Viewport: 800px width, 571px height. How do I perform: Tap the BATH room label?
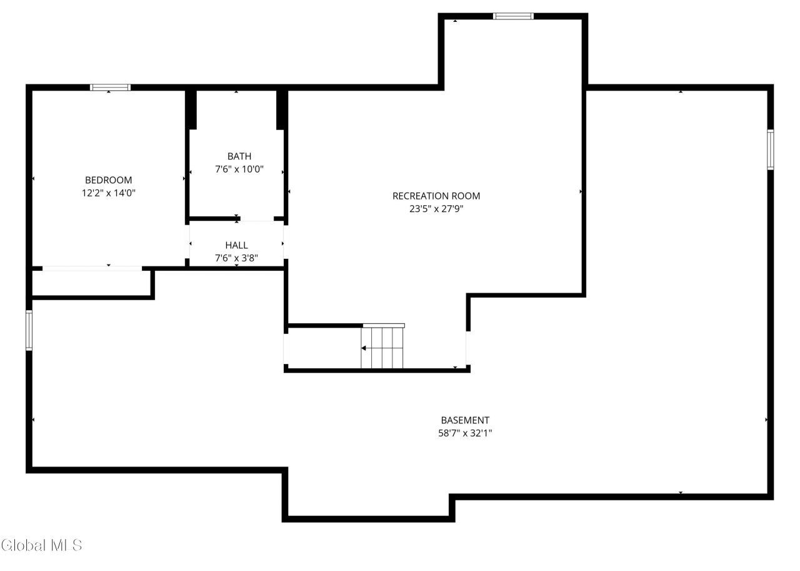239,156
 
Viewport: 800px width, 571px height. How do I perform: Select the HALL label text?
237,245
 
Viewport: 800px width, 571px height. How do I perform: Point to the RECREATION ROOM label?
436,196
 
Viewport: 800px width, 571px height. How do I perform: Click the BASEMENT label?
465,420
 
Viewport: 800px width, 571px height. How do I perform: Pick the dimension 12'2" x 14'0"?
109,193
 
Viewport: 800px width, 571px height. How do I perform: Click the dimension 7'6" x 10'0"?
239,169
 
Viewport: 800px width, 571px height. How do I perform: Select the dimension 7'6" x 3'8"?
237,257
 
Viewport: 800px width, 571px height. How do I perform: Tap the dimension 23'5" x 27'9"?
436,209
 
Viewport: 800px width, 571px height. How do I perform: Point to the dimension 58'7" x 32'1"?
465,433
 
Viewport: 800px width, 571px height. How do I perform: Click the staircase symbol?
382,347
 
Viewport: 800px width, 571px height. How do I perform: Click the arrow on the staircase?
364,348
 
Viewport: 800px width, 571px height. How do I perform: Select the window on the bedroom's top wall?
110,88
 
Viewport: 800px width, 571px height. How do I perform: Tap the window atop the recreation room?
513,16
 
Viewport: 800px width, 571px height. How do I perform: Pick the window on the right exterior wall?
771,149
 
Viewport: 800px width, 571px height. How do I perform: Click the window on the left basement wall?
29,330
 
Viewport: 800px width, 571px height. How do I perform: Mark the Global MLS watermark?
42,545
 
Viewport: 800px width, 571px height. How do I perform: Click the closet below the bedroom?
91,283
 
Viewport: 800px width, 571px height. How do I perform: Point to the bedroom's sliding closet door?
92,268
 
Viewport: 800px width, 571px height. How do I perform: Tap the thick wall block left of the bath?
192,109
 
